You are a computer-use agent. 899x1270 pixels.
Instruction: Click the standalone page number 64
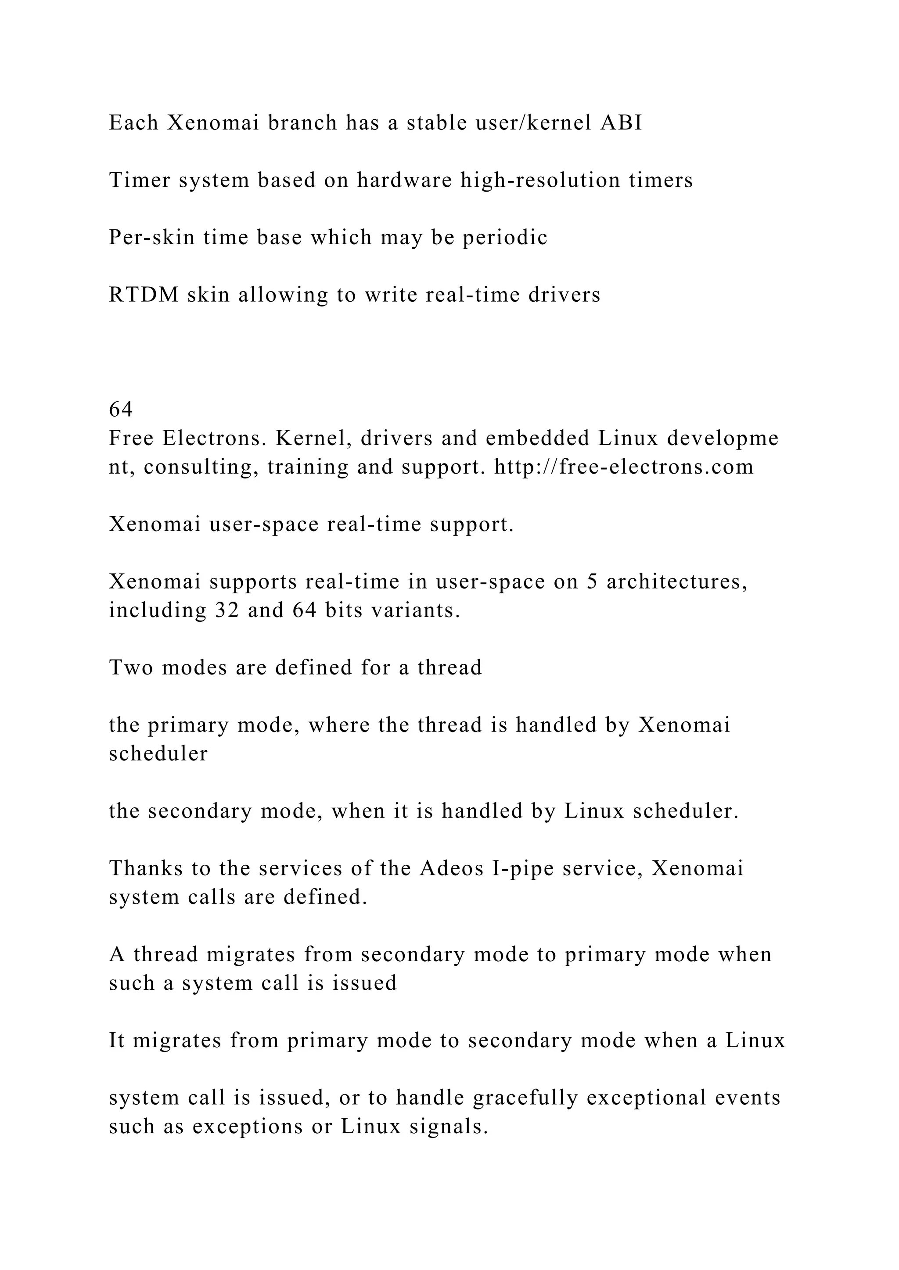(121, 409)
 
